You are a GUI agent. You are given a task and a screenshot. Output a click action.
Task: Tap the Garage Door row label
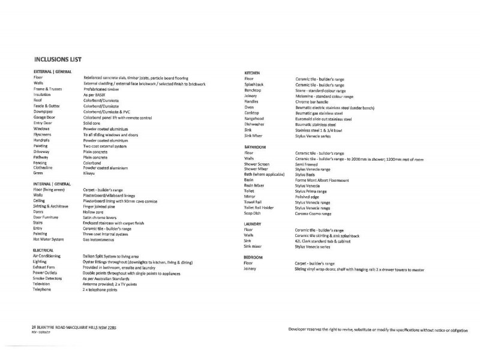(46, 117)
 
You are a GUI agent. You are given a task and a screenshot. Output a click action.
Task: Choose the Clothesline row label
(44, 168)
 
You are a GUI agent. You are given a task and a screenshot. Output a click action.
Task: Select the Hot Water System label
(49, 239)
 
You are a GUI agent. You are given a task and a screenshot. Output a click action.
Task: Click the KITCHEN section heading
(252, 73)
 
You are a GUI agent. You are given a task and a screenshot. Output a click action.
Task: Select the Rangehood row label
(255, 118)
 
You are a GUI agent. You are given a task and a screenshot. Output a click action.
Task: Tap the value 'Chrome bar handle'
(315, 101)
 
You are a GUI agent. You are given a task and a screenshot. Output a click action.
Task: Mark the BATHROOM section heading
(255, 147)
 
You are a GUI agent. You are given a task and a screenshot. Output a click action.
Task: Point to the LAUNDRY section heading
(254, 224)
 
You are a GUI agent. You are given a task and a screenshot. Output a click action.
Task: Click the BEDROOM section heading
(254, 257)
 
